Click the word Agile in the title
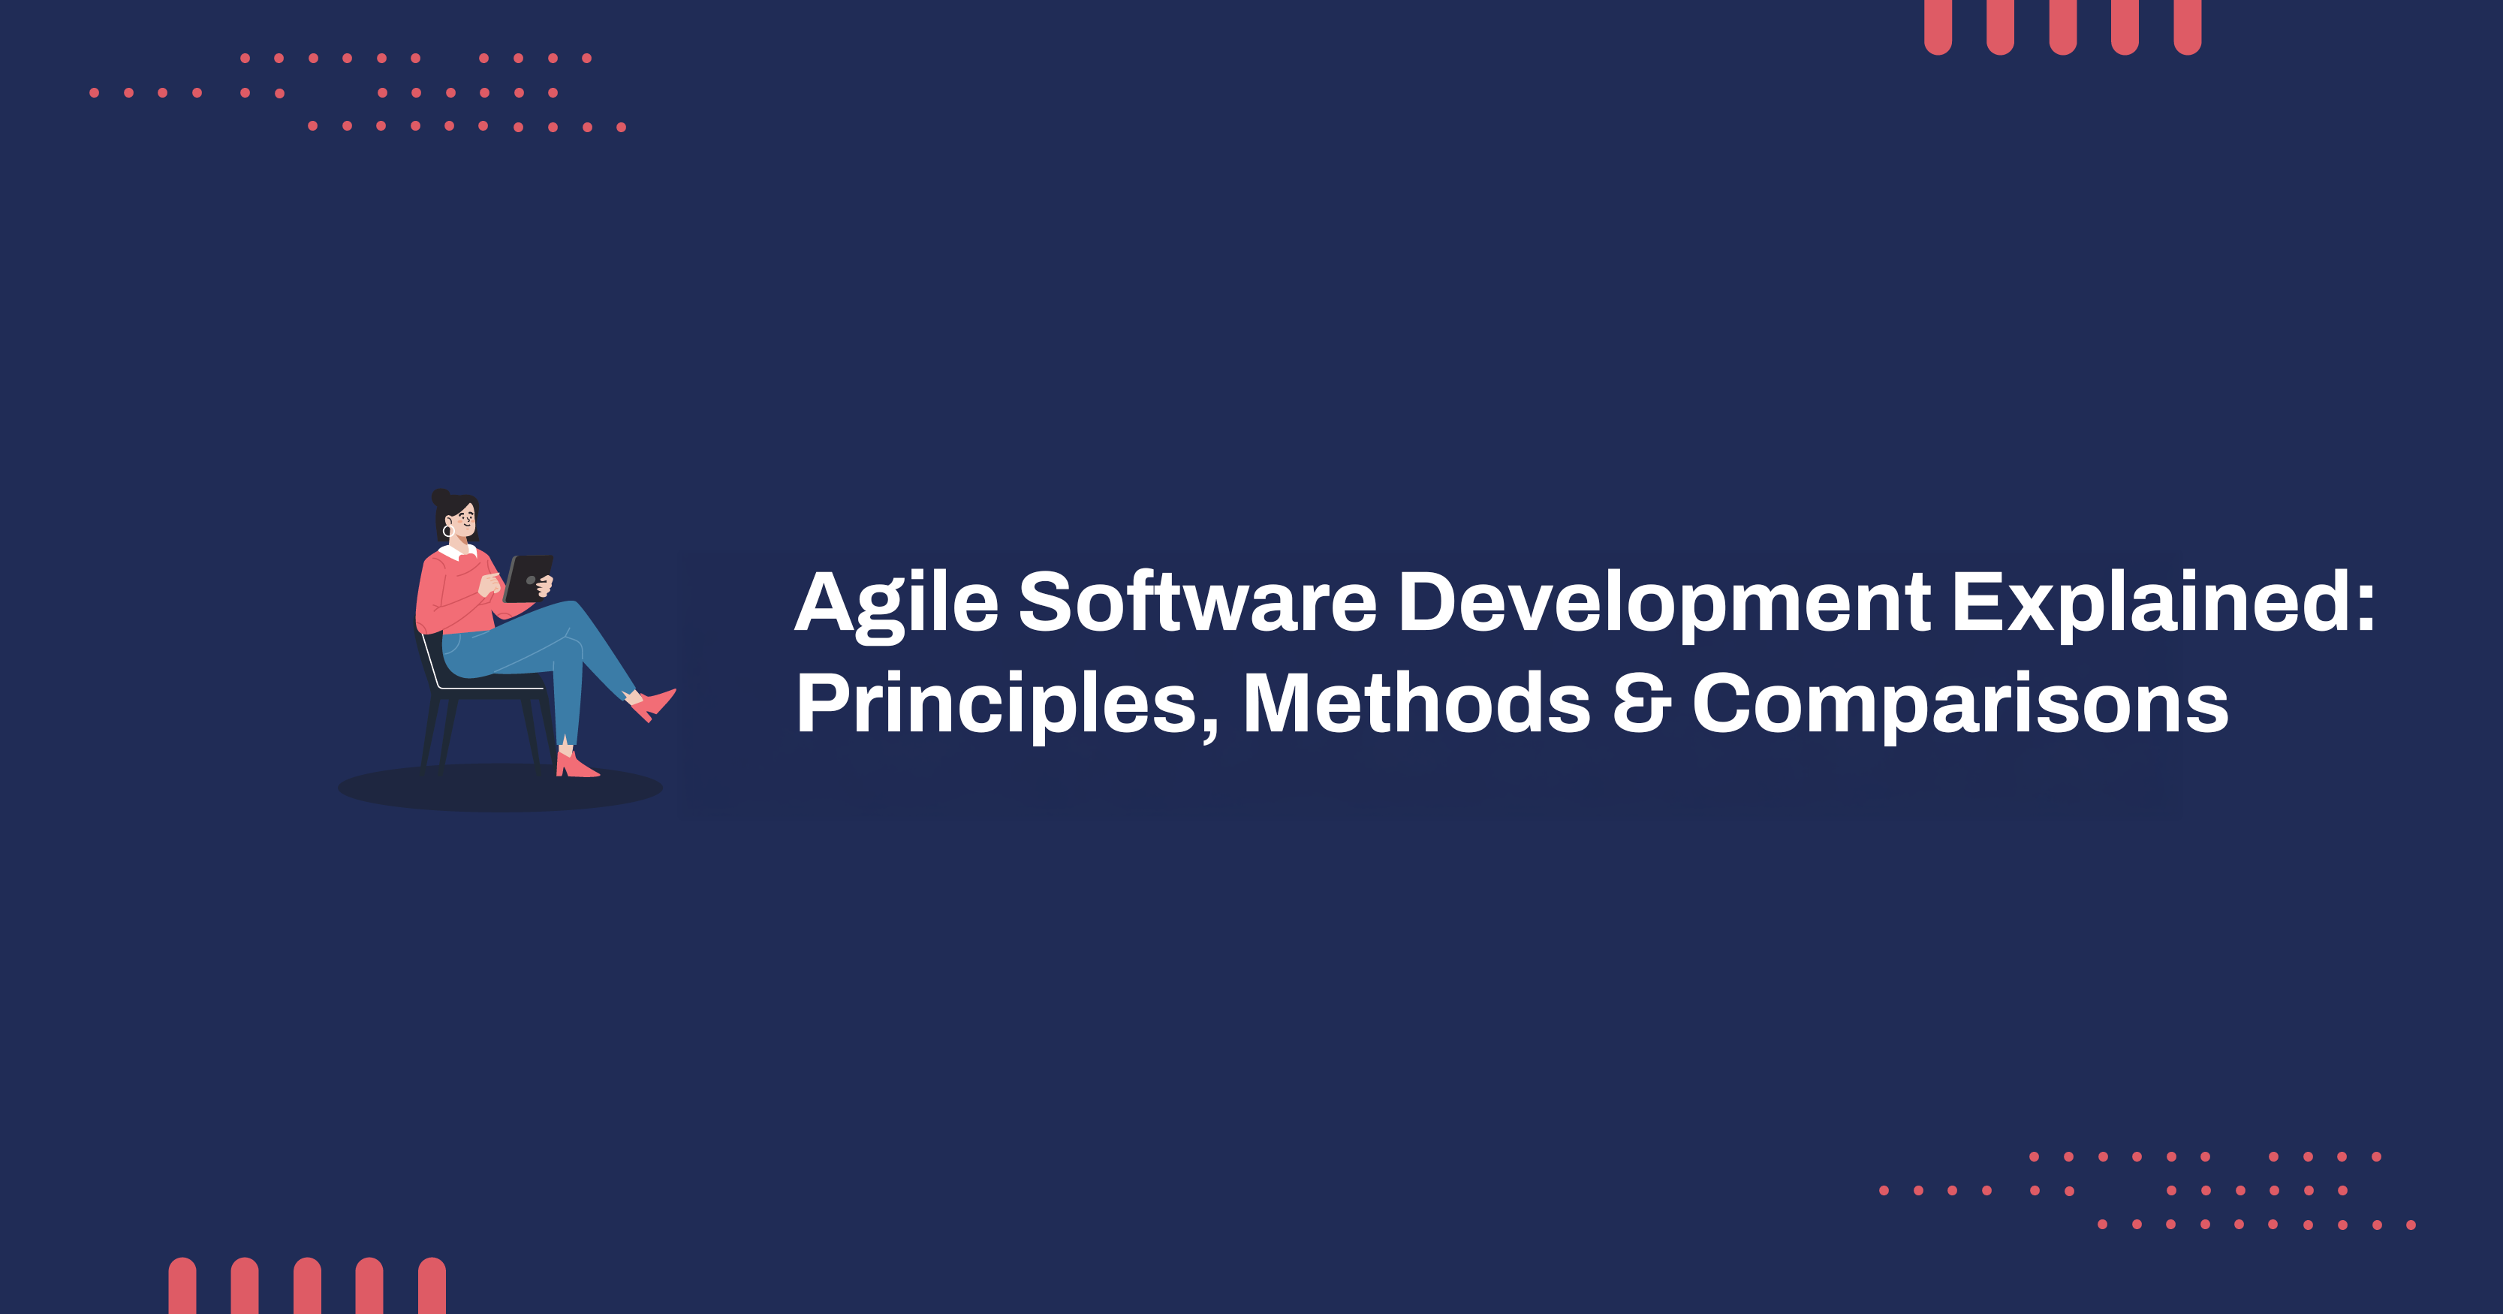pos(896,604)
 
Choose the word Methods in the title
pos(1416,704)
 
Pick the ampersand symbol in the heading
pos(1641,704)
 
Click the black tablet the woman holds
pos(528,578)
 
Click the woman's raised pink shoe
pos(653,703)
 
